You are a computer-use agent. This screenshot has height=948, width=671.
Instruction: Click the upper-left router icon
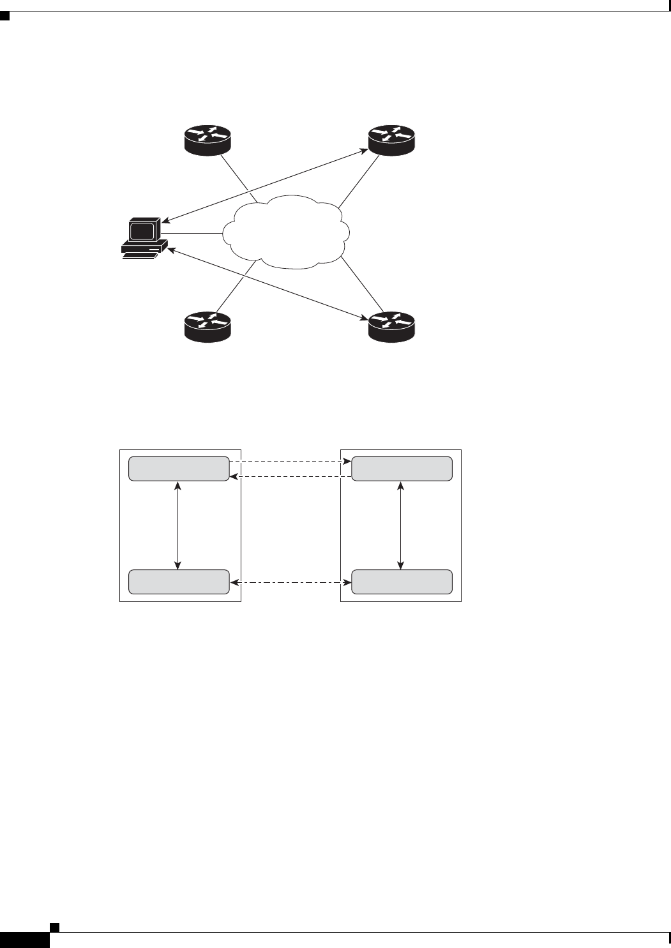[207, 140]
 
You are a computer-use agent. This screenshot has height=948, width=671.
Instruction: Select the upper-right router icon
[391, 140]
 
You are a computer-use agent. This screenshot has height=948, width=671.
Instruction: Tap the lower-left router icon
[207, 326]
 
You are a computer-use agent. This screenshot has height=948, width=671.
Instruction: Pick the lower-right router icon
[391, 326]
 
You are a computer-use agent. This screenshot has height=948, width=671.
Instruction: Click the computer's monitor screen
[142, 230]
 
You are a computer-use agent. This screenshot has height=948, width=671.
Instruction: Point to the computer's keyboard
[140, 255]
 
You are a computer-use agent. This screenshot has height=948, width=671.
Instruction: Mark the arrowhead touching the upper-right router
[364, 151]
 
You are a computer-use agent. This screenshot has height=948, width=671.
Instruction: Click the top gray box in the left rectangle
[179, 469]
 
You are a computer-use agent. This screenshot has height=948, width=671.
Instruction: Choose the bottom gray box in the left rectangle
[179, 582]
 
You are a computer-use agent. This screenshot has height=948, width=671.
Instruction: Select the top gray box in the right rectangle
[402, 469]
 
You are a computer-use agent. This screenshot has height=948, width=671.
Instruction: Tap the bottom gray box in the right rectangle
[402, 582]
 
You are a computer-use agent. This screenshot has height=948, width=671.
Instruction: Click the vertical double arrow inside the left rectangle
[178, 525]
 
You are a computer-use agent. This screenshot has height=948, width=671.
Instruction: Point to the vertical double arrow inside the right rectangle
[400, 525]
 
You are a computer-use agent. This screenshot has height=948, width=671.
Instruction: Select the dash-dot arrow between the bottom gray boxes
[290, 582]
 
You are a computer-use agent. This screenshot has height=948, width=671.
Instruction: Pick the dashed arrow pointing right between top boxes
[290, 461]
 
